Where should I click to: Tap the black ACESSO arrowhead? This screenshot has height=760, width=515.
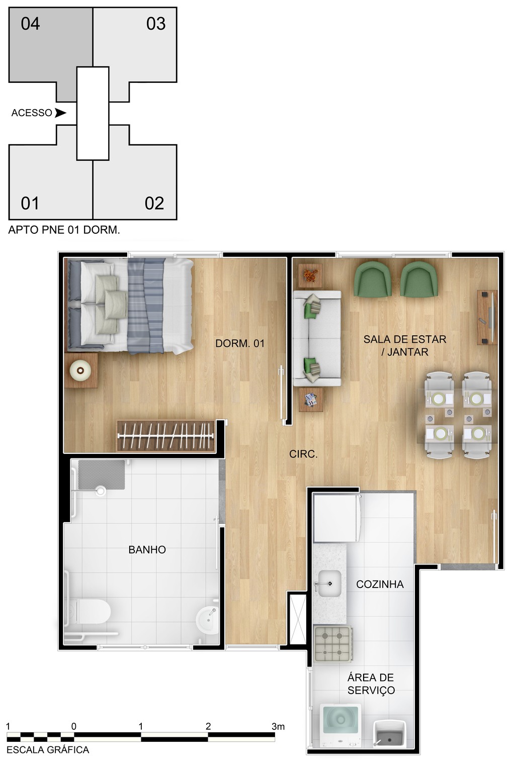pos(60,113)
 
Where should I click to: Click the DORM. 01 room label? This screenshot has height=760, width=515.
pos(240,343)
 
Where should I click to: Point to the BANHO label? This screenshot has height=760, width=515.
pos(147,550)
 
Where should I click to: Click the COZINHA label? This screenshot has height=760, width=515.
pos(380,584)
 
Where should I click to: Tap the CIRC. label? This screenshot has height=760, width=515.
pos(303,454)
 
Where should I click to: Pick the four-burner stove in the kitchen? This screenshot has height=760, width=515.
pos(332,643)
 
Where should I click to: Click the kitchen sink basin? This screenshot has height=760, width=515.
pos(329,584)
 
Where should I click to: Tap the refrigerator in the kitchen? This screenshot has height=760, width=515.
pos(336,517)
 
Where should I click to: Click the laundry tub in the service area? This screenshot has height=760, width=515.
pos(390,734)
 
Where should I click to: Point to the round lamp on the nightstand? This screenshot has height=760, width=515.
pos(80,370)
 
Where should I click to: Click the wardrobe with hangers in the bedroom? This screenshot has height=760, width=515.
pos(166,435)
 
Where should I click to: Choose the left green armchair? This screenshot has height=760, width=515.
pos(373,279)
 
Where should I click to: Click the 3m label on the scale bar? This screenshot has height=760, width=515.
pos(278,726)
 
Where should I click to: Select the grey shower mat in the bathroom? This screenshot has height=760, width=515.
pos(102,474)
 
